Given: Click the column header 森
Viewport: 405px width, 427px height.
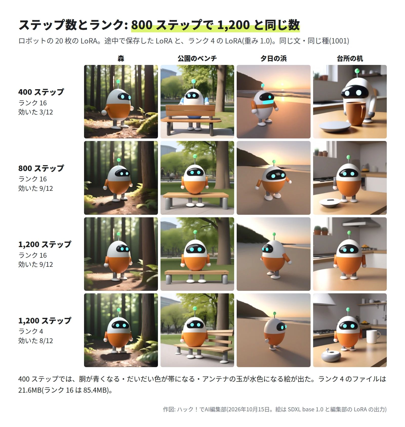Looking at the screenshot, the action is coord(121,59).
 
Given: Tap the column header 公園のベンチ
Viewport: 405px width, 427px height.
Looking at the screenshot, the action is coord(197,59).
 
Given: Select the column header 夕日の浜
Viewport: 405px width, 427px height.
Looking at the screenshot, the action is coord(273,59).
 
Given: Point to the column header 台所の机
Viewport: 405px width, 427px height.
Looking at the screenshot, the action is coord(350,59).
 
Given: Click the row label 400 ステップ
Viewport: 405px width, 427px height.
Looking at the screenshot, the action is coord(41,92).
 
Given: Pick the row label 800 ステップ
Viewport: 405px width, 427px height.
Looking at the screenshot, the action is coord(41,168).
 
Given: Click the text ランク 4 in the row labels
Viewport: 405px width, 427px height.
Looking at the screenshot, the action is coord(31,331).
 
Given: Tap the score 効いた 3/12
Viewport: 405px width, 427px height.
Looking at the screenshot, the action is coord(35,112).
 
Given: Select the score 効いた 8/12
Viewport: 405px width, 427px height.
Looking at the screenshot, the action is coord(35,341).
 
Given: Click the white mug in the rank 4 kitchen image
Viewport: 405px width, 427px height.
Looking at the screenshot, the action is coord(373,337).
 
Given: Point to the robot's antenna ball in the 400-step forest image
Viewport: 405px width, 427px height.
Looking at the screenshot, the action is coord(118,82).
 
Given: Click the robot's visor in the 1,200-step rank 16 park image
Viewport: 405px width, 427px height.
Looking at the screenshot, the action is coord(195,249).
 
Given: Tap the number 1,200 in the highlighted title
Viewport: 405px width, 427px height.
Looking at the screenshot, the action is coord(233,25).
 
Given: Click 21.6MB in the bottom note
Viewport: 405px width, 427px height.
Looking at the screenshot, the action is coord(30,390).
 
